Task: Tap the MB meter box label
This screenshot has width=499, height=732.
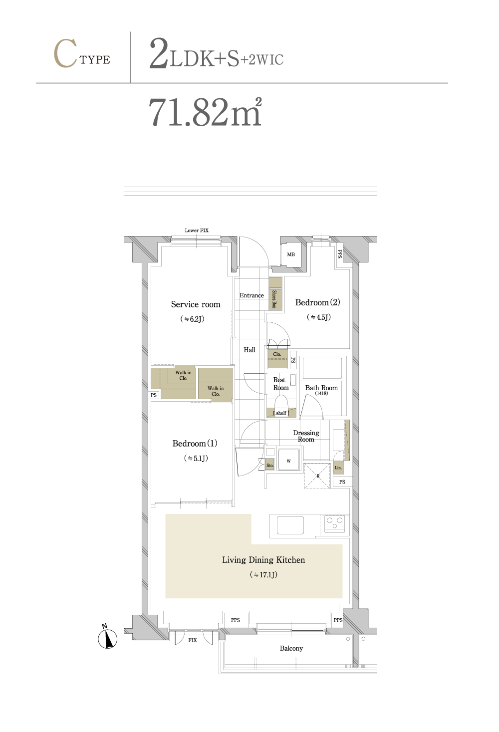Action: [291, 254]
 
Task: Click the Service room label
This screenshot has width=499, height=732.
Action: [196, 304]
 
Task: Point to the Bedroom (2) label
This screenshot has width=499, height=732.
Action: [318, 302]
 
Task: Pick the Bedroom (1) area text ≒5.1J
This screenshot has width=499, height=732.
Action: [196, 458]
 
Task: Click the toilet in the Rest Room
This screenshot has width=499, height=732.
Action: [281, 404]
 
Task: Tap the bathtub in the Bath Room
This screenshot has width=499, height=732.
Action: [322, 368]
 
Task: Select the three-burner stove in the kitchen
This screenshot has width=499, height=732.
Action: [335, 523]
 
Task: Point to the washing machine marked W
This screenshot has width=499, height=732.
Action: [288, 460]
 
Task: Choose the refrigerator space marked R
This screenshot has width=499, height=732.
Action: [317, 476]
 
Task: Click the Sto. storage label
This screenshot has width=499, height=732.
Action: [269, 466]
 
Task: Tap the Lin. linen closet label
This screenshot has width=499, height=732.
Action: [338, 468]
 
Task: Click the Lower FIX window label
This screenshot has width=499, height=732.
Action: [197, 231]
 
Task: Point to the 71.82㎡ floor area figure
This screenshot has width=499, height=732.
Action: [205, 112]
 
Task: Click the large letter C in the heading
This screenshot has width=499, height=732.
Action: [65, 53]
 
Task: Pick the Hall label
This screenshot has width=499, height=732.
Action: [249, 350]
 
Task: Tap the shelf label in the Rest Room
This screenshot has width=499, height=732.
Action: [281, 413]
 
